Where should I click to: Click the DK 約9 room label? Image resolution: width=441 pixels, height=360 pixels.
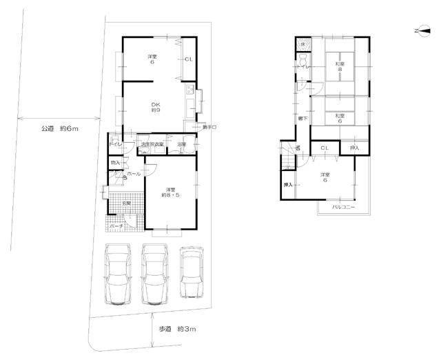[x=156, y=108]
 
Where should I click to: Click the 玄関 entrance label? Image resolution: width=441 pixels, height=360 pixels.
[x=126, y=203]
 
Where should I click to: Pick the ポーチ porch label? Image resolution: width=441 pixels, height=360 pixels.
[x=116, y=226]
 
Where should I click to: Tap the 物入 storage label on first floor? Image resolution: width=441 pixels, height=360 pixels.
[x=115, y=163]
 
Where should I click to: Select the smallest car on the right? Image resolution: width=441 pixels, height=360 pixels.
[x=191, y=272]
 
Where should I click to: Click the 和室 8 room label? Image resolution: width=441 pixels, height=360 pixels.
[x=340, y=68]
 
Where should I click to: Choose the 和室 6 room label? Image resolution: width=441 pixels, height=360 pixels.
[x=340, y=119]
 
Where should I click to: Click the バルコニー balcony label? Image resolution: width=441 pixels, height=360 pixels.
[x=342, y=207]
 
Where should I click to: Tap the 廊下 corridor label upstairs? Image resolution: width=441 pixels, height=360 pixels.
[x=303, y=119]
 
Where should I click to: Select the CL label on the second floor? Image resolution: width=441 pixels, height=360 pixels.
[x=324, y=148]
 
